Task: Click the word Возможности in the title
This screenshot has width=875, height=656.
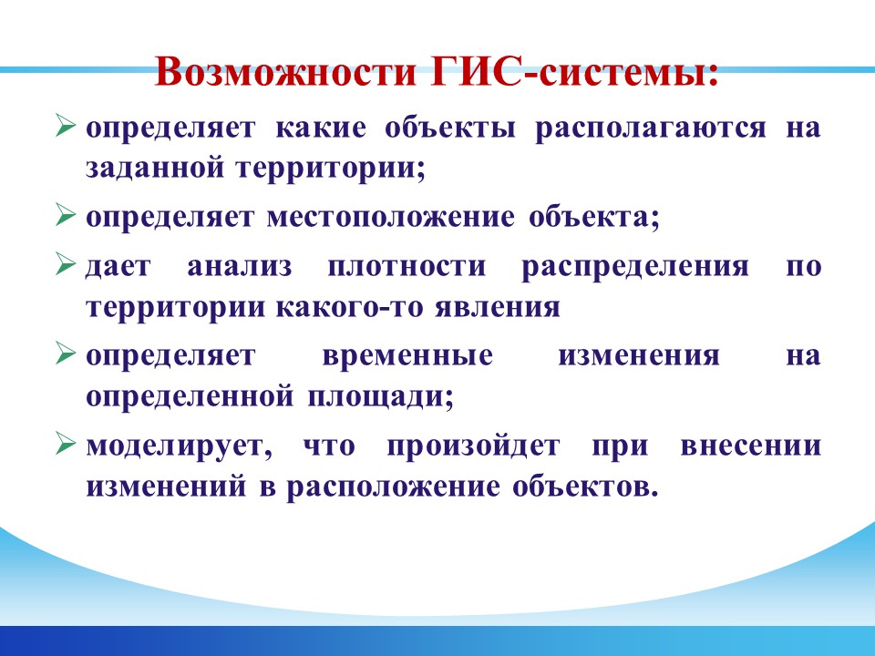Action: tap(285, 71)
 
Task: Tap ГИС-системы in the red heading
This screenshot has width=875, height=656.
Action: tap(574, 71)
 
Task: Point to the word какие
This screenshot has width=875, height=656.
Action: tap(321, 128)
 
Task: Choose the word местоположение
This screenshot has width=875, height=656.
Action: tap(391, 218)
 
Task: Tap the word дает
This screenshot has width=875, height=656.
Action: tap(118, 267)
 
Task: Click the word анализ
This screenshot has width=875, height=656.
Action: tap(240, 267)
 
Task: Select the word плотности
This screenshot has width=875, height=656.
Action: tap(407, 267)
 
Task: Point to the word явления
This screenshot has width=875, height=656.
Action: tap(498, 308)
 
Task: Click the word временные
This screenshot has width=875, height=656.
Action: tap(407, 356)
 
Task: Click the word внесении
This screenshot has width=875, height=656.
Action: tap(750, 446)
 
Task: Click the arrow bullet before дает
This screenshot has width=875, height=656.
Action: tap(66, 264)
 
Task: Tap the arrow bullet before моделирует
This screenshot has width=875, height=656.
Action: tap(66, 445)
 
